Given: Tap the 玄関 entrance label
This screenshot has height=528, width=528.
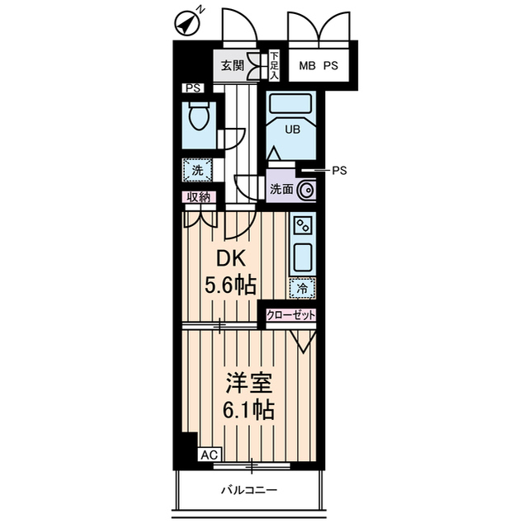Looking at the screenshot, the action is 232,65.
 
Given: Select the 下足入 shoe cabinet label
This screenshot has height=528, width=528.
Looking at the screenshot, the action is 275,65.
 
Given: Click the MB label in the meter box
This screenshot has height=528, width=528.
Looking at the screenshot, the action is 308,65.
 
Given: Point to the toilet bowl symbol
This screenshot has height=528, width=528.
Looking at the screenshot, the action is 199,116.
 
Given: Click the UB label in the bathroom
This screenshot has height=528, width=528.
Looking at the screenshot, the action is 292,130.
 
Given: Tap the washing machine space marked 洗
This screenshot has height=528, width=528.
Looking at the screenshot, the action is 197,170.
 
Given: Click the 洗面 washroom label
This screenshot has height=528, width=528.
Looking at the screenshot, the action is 281,190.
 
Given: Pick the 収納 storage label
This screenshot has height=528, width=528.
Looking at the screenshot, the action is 199,197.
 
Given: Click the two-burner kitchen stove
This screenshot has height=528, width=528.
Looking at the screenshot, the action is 303,225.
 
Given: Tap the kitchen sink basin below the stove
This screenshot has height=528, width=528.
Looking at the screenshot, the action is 303,257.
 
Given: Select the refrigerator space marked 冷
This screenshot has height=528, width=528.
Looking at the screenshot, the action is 303,288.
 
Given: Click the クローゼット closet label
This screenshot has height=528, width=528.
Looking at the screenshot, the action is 291,315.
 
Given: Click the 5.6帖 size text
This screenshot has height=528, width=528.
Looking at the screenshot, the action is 230,285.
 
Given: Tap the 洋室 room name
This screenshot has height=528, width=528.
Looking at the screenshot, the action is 249,383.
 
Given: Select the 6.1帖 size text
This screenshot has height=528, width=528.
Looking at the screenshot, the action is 248,409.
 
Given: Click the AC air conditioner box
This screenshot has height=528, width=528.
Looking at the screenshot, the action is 210,455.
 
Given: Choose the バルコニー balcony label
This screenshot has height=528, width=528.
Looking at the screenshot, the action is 249,490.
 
